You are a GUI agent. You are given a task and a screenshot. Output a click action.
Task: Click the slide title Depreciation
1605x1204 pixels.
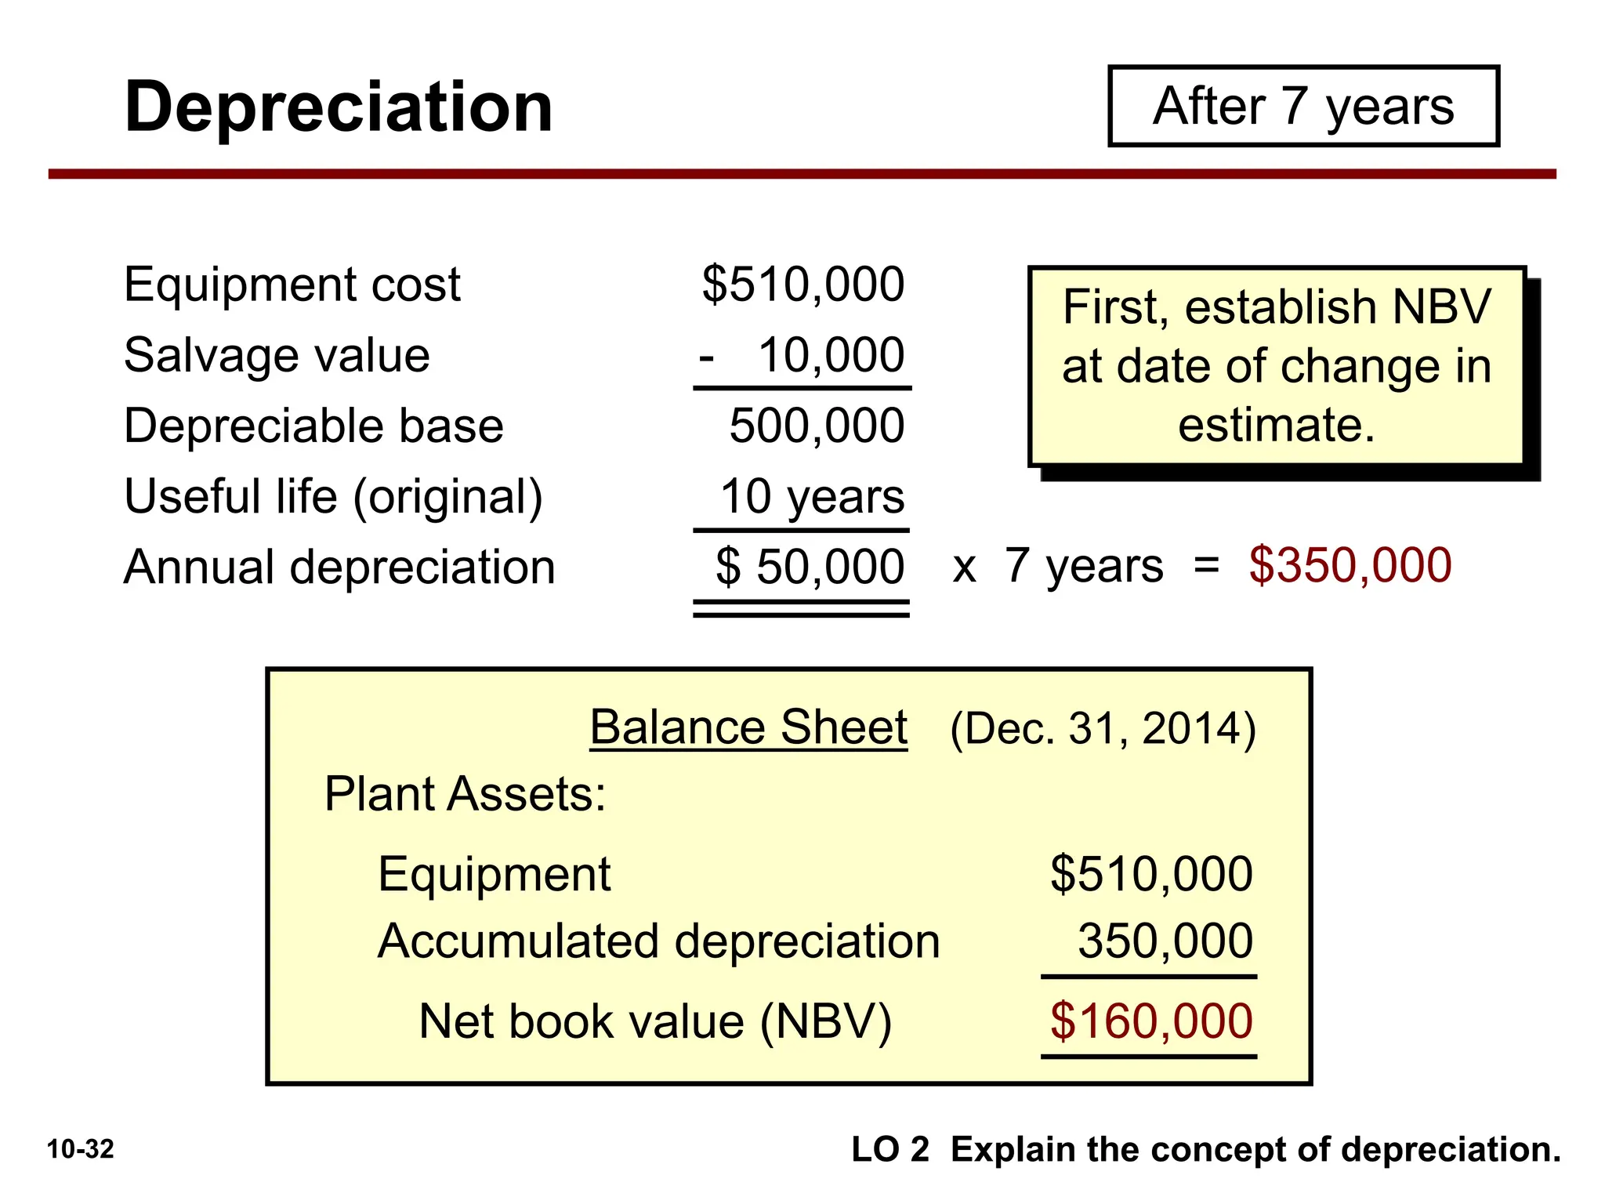(x=339, y=107)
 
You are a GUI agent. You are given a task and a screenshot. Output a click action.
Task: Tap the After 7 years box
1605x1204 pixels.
(x=1303, y=107)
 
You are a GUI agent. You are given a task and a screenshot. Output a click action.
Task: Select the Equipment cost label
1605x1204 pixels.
(x=292, y=285)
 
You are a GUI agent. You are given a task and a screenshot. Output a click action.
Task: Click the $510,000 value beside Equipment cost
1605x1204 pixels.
(x=803, y=285)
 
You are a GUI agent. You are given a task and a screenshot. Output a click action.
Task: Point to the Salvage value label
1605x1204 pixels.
(x=277, y=355)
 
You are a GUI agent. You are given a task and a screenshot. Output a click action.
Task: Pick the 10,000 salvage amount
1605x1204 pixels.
(x=831, y=355)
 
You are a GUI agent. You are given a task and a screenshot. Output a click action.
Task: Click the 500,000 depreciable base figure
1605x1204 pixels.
(x=817, y=426)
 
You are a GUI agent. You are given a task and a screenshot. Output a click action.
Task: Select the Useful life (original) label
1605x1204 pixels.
(x=333, y=497)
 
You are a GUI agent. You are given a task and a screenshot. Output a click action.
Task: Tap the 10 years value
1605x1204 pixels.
(x=812, y=497)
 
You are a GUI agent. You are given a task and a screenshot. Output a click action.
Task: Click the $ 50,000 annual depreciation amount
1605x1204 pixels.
(x=810, y=567)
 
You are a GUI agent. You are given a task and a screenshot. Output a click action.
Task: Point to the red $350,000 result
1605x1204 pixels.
(x=1350, y=565)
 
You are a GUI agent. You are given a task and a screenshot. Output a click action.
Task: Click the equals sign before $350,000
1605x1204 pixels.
(x=1206, y=565)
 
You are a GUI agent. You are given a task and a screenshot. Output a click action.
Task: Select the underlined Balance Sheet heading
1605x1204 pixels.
(x=748, y=727)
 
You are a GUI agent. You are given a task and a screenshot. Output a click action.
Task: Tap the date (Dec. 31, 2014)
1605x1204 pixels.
(x=1103, y=729)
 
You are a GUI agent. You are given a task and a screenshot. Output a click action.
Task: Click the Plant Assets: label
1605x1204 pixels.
(x=465, y=794)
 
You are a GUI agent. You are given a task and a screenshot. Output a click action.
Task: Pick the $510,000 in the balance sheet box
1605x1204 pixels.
(x=1151, y=874)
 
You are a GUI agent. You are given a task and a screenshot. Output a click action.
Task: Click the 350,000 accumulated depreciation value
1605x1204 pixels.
(x=1165, y=941)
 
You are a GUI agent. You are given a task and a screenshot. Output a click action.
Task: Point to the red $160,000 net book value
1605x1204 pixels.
(x=1151, y=1021)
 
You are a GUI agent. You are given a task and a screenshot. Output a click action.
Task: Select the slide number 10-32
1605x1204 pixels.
(x=81, y=1150)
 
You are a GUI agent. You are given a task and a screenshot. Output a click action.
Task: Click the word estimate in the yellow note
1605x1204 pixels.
(x=1276, y=426)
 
